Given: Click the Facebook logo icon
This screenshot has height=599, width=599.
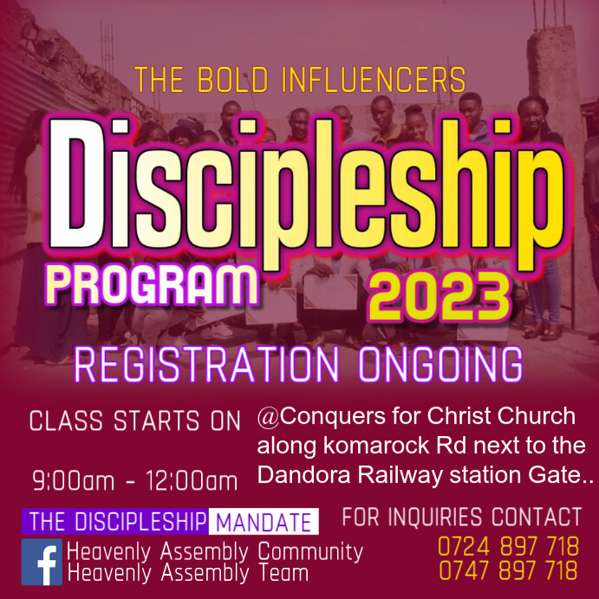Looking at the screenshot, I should pyautogui.click(x=42, y=562).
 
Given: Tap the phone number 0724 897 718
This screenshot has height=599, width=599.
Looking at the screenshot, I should pyautogui.click(x=508, y=547).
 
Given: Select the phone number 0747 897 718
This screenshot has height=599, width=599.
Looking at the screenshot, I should pyautogui.click(x=508, y=571).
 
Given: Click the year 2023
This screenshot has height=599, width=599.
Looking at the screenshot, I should pyautogui.click(x=437, y=295).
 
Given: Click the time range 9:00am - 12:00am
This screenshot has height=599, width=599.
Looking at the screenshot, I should pyautogui.click(x=134, y=480).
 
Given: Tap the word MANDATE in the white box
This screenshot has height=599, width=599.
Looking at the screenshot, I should pyautogui.click(x=264, y=523).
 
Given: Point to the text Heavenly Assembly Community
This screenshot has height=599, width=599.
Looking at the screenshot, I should pyautogui.click(x=214, y=551).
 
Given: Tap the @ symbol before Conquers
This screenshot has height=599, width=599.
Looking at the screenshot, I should pyautogui.click(x=269, y=417).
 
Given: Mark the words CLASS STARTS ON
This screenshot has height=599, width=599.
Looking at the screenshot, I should pyautogui.click(x=134, y=421).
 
